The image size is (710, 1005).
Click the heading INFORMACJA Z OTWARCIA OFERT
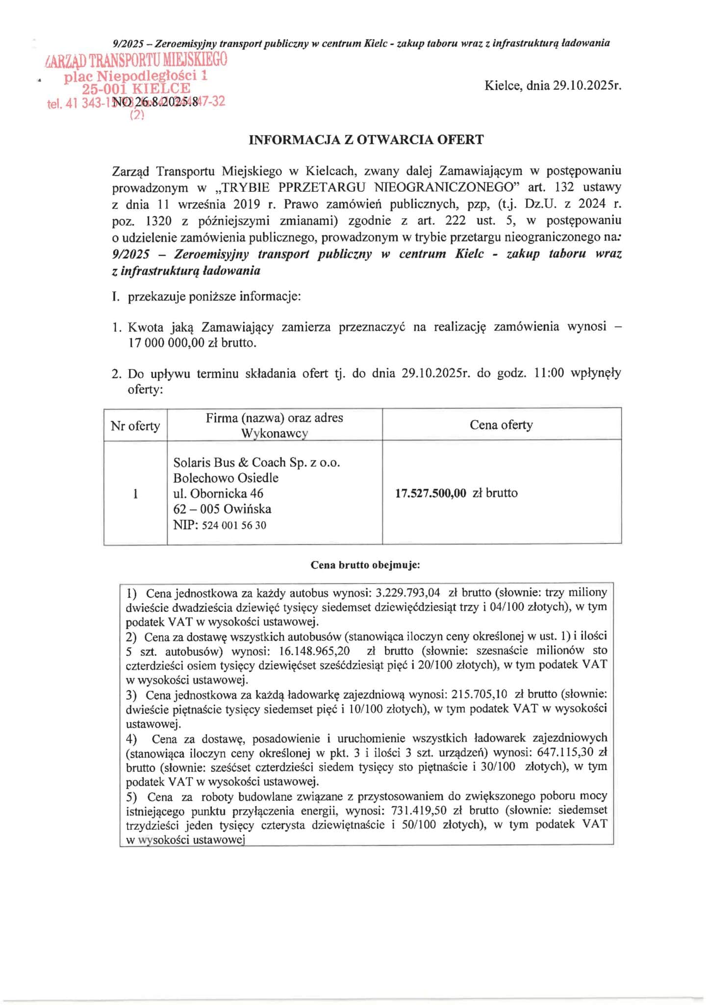coord(366,140)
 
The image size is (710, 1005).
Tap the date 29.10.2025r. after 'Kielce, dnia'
coord(587,86)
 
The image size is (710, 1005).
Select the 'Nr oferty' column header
coord(135,425)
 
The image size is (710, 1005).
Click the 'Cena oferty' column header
coord(501,425)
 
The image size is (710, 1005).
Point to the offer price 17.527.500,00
coord(431,493)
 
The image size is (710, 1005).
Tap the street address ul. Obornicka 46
coord(218,493)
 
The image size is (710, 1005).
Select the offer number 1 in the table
coord(135,494)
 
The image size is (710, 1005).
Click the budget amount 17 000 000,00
coord(166,343)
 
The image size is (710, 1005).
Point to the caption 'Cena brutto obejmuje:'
coord(365,565)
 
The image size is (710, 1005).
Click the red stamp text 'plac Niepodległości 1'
coord(136,76)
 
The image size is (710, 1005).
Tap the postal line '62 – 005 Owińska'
coord(222,509)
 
